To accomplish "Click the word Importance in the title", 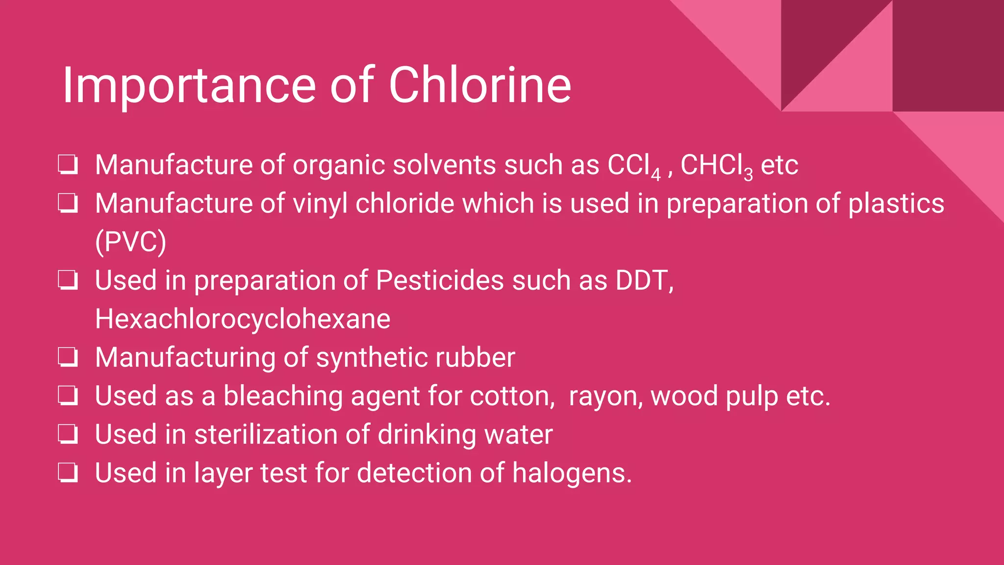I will [189, 86].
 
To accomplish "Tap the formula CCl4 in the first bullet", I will [633, 166].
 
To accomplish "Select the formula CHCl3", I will [716, 166].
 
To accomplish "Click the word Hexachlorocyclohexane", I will [243, 319].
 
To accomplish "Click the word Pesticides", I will [440, 281].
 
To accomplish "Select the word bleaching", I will [283, 396].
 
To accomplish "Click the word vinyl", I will [320, 204].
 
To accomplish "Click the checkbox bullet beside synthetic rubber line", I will [68, 357].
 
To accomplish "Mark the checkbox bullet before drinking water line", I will [68, 434].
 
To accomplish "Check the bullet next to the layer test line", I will [68, 473].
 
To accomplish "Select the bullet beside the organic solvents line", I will [68, 165].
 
